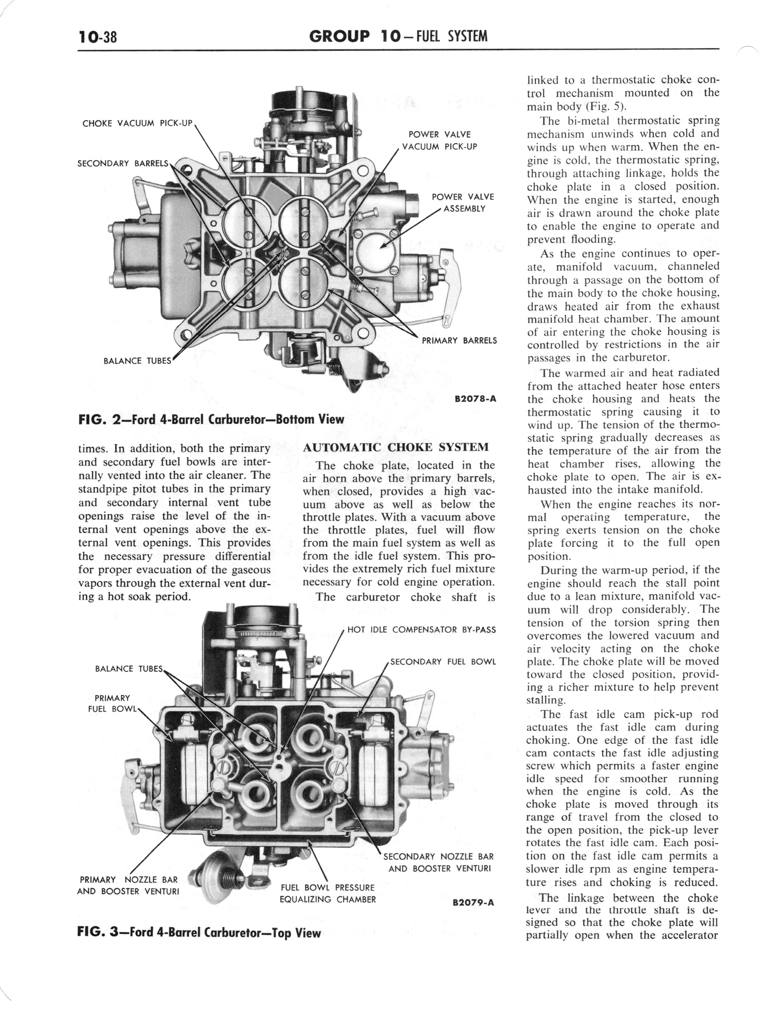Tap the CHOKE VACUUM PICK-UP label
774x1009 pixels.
pyautogui.click(x=137, y=124)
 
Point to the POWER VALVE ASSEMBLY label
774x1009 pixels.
pyautogui.click(x=463, y=203)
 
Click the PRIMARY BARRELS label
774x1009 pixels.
pyautogui.click(x=459, y=341)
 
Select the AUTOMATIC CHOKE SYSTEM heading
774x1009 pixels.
pyautogui.click(x=395, y=447)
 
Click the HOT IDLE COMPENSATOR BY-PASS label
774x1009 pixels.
pyautogui.click(x=421, y=629)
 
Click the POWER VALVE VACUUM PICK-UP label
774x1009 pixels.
pyautogui.click(x=439, y=141)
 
